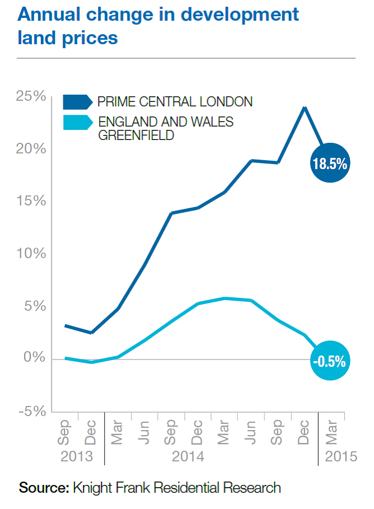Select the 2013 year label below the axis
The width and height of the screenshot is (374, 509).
[76, 456]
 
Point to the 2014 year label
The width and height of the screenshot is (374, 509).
[188, 456]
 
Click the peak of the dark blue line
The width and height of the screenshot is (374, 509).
[304, 107]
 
